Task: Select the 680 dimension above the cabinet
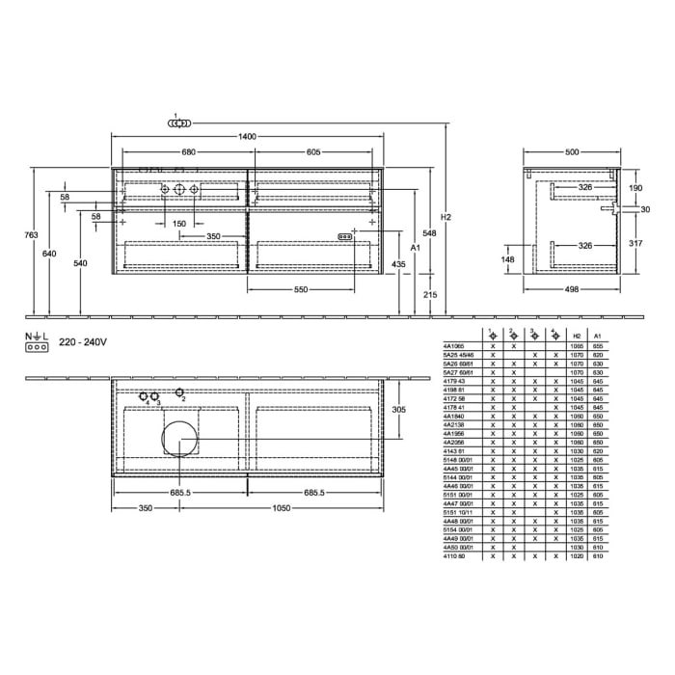point(189,152)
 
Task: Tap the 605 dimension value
point(313,152)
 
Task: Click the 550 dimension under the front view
point(301,290)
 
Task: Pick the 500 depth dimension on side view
point(573,152)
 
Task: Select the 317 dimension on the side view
point(635,243)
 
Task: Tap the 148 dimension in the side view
point(508,258)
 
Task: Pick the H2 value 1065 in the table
point(577,344)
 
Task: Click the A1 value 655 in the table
point(598,344)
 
